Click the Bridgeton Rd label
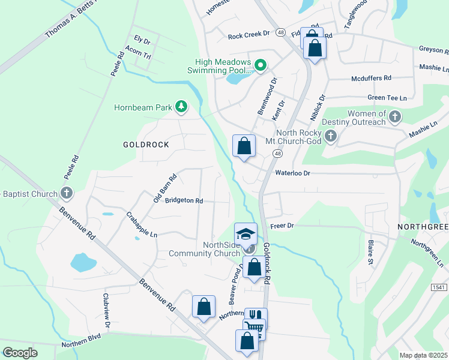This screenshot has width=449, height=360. [184, 200]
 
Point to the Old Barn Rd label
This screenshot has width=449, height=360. [165, 188]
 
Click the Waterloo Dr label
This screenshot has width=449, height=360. [292, 173]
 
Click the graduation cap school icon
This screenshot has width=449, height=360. [245, 234]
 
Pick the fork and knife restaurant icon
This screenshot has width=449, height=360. [256, 316]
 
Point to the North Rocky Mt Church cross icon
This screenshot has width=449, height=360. [330, 137]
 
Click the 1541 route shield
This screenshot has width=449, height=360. [438, 288]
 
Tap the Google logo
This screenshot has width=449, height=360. [20, 353]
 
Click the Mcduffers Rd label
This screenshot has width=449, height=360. [371, 78]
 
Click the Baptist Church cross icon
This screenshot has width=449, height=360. [67, 194]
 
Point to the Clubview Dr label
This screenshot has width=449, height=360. [107, 310]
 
